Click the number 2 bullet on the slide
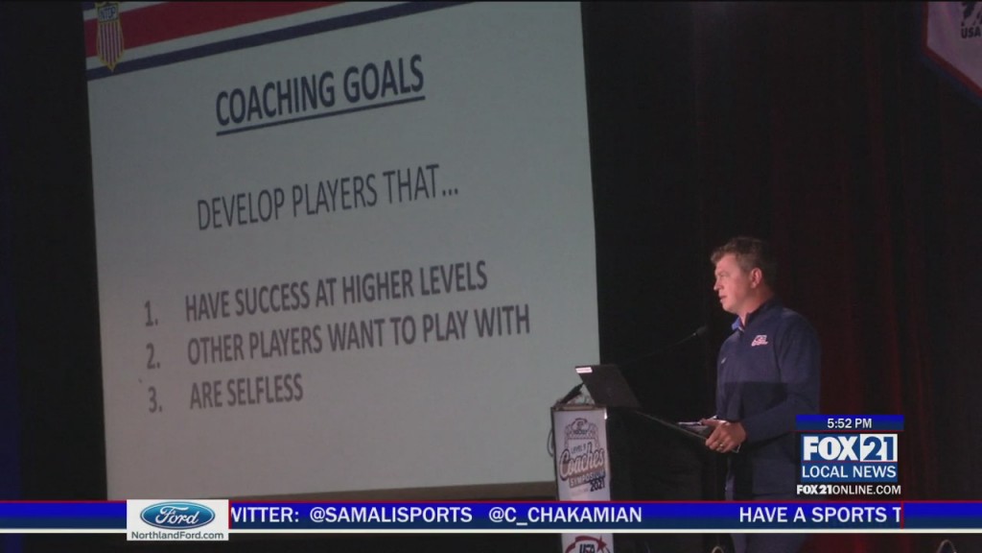pyautogui.click(x=153, y=356)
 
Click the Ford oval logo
pyautogui.click(x=177, y=515)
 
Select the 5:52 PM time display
pyautogui.click(x=848, y=422)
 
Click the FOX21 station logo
pyautogui.click(x=848, y=447)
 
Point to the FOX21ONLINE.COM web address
pyautogui.click(x=848, y=490)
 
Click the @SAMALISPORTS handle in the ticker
pyautogui.click(x=390, y=515)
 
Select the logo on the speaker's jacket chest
pyautogui.click(x=760, y=339)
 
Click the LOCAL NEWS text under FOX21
pyautogui.click(x=848, y=472)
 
